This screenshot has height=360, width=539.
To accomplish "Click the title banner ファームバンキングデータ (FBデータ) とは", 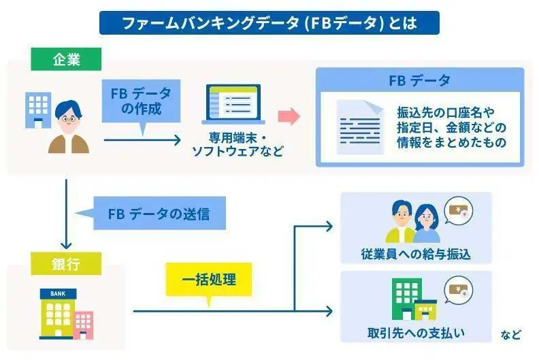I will [269, 22].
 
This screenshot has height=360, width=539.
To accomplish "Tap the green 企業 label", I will [66, 59].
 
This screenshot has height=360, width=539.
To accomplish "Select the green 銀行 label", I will [66, 263].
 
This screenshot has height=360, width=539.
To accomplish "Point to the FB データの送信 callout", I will [158, 214].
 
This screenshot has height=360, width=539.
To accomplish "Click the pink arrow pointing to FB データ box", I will [290, 116].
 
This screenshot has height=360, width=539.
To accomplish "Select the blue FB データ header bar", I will [420, 80].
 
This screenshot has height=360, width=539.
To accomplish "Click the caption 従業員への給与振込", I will [416, 255].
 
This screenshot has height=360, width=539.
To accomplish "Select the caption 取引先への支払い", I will [416, 333].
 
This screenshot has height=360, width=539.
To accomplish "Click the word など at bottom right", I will [511, 334].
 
